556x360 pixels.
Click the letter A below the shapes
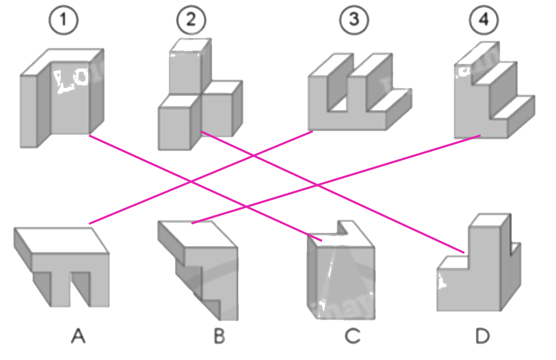tap(78, 336)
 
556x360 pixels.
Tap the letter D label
tap(482, 336)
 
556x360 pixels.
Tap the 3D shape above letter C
tap(340, 279)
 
